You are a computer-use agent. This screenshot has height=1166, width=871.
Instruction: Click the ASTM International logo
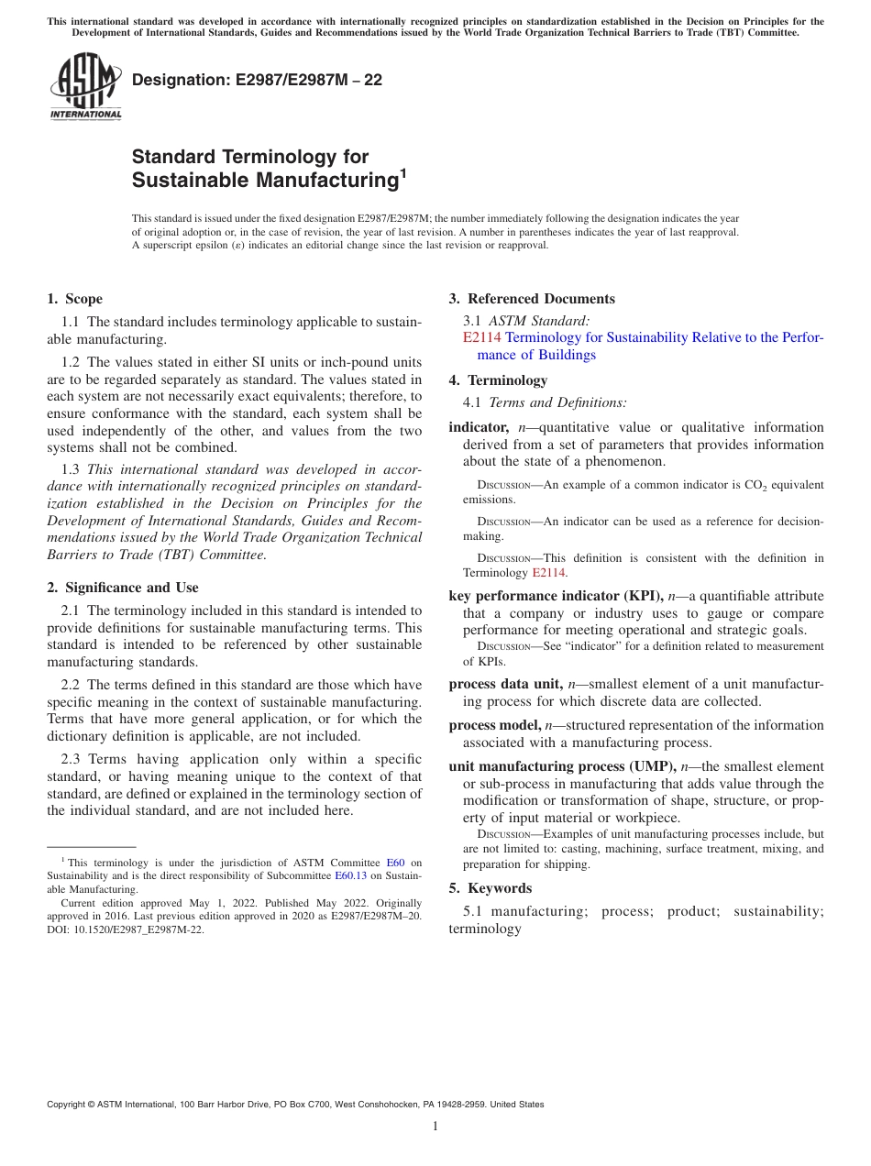point(84,87)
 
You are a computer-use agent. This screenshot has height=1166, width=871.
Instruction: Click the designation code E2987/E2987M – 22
point(257,81)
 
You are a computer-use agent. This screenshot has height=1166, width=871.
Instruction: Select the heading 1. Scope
point(74,299)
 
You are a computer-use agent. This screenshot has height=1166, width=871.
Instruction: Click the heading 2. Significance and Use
point(122,588)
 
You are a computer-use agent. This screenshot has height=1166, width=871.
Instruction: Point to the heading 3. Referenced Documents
point(532,299)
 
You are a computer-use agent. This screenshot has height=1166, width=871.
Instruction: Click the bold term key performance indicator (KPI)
point(556,596)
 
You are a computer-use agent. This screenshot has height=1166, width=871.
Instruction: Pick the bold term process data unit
point(505,684)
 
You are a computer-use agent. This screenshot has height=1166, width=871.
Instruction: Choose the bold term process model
point(494,725)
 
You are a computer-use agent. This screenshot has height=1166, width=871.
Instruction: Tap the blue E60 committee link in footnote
point(395,863)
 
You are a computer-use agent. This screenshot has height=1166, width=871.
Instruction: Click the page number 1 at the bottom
point(435,1126)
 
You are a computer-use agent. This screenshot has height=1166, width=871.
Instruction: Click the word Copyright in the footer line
point(70,1105)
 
